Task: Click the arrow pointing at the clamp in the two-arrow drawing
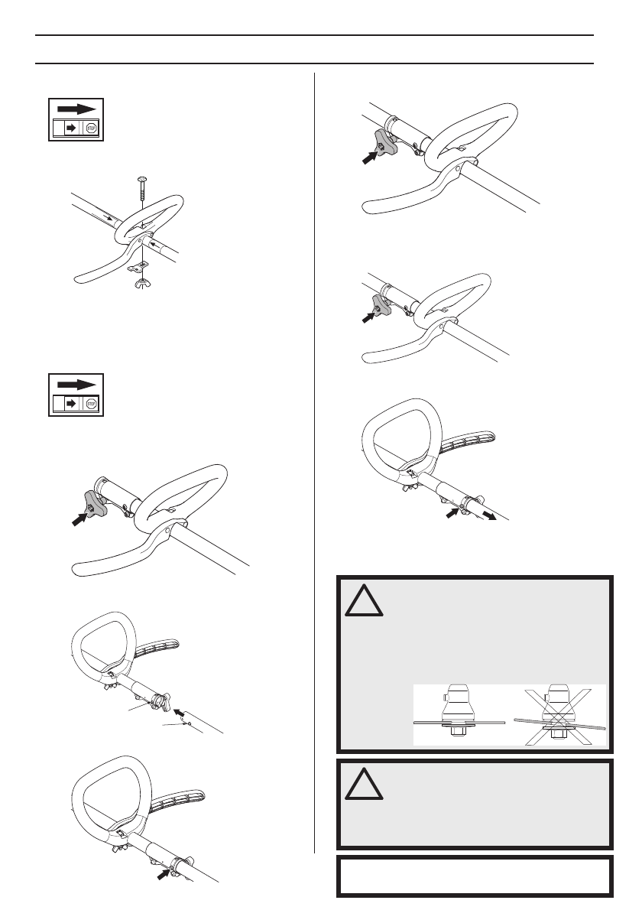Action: pos(455,515)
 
